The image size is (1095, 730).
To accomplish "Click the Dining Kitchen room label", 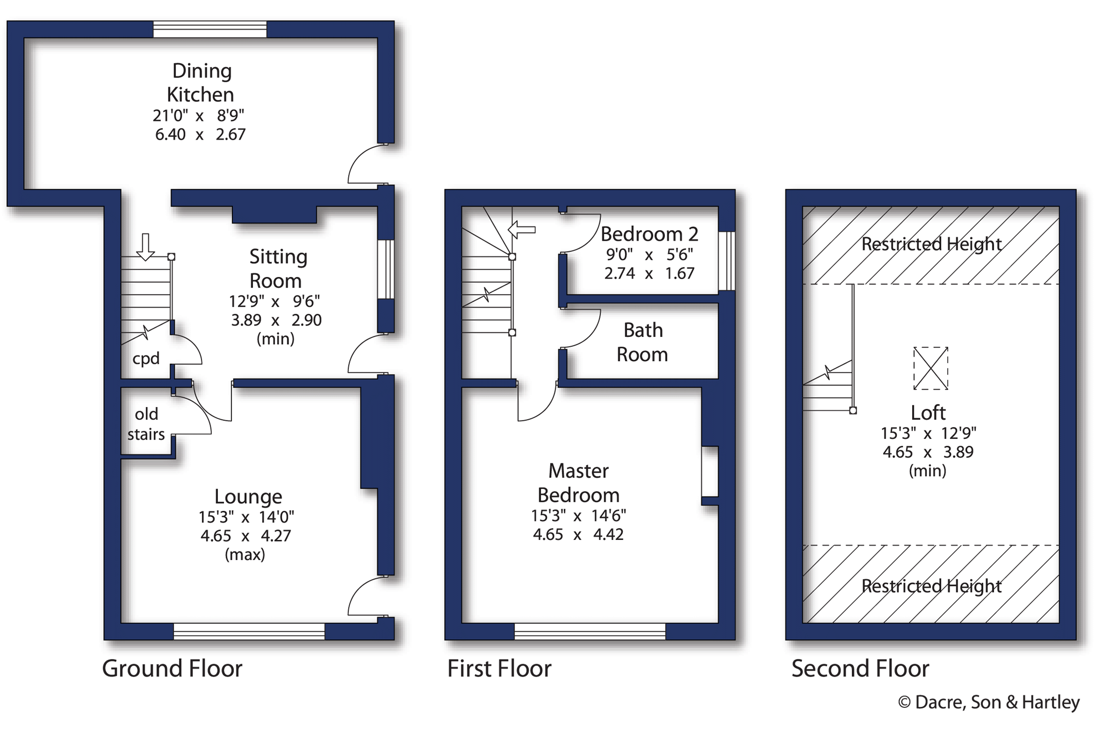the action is point(201,82).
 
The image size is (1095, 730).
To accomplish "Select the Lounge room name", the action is point(248,496).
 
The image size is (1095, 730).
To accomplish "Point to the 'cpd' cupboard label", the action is point(146,359).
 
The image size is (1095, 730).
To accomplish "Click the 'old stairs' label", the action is point(146,423).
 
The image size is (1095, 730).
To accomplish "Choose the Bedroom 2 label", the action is point(649,234).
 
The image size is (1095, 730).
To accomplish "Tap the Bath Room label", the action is point(642,342).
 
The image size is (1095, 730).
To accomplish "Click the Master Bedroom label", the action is point(578,483).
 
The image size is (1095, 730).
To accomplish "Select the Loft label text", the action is point(928,413).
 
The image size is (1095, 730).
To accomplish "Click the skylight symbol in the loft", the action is point(931,368).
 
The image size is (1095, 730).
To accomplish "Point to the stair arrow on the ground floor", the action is point(145,247).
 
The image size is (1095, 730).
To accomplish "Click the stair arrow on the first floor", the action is point(522,230).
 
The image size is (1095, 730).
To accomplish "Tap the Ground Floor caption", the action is point(172,668).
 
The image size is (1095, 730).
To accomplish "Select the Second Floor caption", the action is point(860,668).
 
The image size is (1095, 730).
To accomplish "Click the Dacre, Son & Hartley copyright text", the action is point(989,702).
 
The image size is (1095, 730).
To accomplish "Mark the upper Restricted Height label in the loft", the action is point(931,244).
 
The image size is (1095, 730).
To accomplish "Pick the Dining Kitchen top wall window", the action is point(210,29).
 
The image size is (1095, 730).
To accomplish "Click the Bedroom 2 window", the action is point(727,261).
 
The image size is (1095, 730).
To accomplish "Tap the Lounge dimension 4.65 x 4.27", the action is point(246,536).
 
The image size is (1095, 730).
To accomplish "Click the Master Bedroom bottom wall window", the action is point(590,632).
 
